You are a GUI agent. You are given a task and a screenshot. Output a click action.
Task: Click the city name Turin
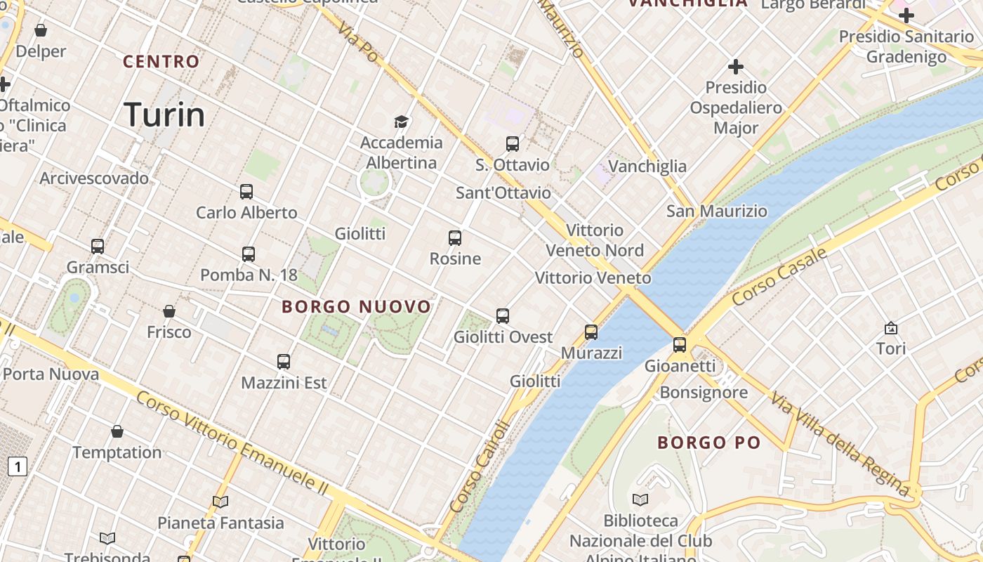(x=164, y=115)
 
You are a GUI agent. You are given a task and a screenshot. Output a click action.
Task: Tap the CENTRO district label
(x=161, y=62)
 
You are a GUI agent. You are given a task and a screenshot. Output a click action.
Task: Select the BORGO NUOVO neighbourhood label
(x=357, y=307)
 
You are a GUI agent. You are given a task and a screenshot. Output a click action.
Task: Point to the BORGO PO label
(x=709, y=443)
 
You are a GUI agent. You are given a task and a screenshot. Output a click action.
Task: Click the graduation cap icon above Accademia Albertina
(x=401, y=122)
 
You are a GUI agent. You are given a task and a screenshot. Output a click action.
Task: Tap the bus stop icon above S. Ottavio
(x=513, y=144)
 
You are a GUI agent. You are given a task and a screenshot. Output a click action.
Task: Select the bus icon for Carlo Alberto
(x=246, y=192)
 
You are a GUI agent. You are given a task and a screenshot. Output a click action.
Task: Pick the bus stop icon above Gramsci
(x=98, y=247)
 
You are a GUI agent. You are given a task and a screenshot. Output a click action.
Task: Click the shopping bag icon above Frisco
(x=169, y=311)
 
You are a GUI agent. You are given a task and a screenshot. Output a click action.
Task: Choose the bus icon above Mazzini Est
(x=284, y=362)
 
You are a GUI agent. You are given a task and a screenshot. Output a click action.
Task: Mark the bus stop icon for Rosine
(x=455, y=238)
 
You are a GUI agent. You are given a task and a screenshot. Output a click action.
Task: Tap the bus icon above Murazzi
(x=591, y=332)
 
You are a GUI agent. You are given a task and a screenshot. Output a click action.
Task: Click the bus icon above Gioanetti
(x=680, y=345)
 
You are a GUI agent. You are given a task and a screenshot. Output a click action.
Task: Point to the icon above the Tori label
(x=891, y=328)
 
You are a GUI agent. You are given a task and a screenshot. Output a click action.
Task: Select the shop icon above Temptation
(x=117, y=431)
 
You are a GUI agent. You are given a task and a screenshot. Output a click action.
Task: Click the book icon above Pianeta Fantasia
(x=220, y=502)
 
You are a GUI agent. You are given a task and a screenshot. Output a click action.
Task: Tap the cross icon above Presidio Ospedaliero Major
(x=736, y=67)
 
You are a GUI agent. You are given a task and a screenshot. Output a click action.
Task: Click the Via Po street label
(x=357, y=41)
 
